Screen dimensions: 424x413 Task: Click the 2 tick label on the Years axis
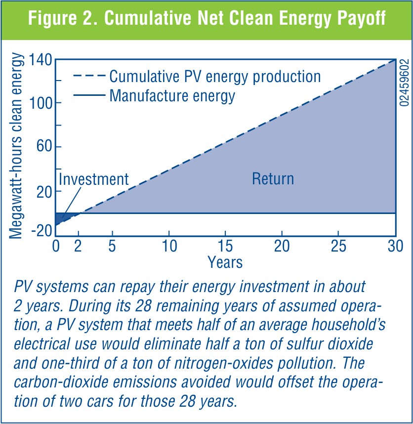coord(78,247)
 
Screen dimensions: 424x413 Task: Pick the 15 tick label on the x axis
coord(226,247)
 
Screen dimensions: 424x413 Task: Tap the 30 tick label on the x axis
coord(395,247)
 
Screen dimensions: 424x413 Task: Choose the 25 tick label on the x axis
coord(338,247)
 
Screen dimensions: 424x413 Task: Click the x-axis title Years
coord(225,261)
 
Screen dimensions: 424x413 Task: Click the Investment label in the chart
coord(93,178)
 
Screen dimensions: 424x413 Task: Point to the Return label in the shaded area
coord(273,178)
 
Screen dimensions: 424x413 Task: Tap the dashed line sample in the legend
coord(89,77)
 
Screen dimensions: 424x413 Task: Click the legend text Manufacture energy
coord(172,95)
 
